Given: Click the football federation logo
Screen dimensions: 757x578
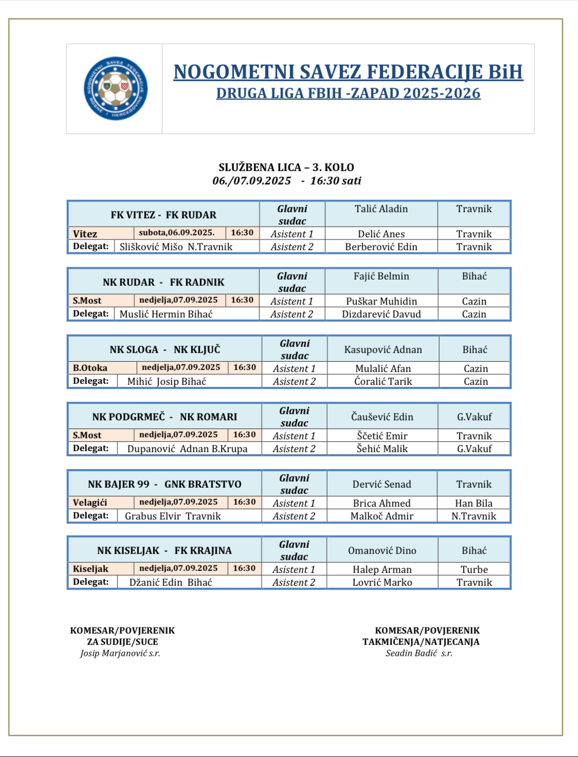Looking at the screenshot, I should (x=116, y=88).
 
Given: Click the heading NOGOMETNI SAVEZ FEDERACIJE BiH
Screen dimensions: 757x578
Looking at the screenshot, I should (x=348, y=72).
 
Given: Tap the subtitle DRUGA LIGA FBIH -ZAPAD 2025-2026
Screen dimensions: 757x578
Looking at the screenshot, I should (x=348, y=94).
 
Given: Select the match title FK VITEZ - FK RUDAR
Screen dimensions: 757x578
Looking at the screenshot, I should (x=164, y=215).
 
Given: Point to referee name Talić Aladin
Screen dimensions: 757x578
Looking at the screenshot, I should (x=381, y=209).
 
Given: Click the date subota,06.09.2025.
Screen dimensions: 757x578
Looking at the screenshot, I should (x=176, y=233).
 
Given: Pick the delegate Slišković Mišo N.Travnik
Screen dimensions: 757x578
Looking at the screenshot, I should (x=176, y=247).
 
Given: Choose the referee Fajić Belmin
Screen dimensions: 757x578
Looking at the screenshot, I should (x=381, y=276).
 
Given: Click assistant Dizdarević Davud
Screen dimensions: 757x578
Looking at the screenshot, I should (x=381, y=314).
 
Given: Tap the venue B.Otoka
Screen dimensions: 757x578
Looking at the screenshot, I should (x=91, y=368).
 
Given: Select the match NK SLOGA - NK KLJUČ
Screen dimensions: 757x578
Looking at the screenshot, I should (x=165, y=349).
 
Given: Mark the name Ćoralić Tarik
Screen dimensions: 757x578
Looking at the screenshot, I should (x=383, y=381).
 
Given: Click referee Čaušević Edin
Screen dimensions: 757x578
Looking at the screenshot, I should (x=382, y=417).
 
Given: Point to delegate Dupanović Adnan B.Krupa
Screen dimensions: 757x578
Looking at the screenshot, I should (x=187, y=449).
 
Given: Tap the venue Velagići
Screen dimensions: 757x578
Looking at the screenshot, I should (x=90, y=503).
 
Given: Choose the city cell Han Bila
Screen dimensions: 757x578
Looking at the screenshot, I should (x=474, y=503).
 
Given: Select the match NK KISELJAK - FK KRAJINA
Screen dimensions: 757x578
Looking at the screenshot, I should (x=165, y=550).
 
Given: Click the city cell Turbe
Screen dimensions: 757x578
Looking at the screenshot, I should (x=474, y=569).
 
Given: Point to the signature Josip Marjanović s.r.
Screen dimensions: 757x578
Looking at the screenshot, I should (x=120, y=653).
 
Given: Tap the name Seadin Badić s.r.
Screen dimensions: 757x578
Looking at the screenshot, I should (x=419, y=653).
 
